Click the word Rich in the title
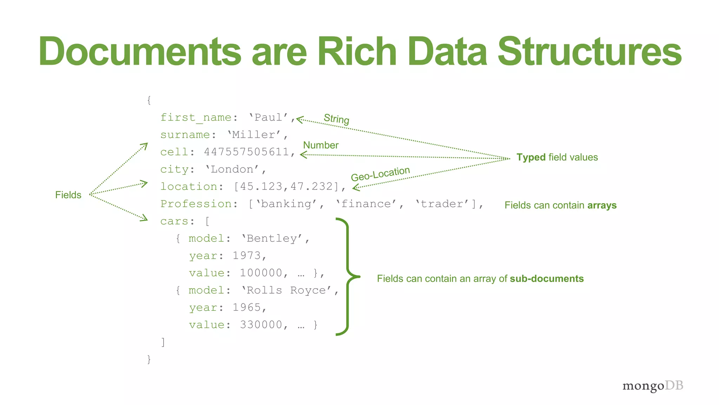click(x=357, y=52)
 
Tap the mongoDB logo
click(x=653, y=386)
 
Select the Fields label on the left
click(x=68, y=195)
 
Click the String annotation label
click(x=336, y=119)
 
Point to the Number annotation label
click(x=321, y=145)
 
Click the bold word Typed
click(x=531, y=157)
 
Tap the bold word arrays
click(x=602, y=205)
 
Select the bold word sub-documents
click(x=547, y=279)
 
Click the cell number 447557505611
click(x=246, y=152)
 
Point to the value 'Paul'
click(x=269, y=117)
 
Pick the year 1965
click(x=247, y=307)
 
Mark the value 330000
click(x=261, y=324)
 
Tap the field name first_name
click(x=196, y=117)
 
